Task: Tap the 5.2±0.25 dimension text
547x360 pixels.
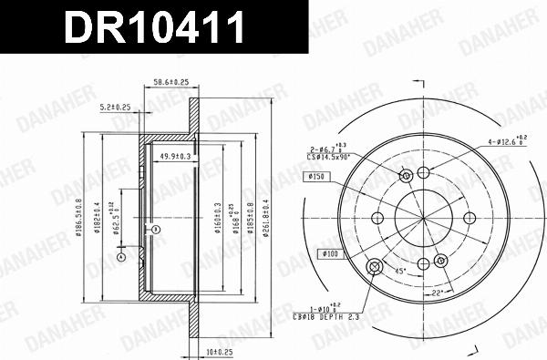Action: pyautogui.click(x=116, y=108)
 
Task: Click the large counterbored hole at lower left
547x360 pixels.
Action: pyautogui.click(x=373, y=266)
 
